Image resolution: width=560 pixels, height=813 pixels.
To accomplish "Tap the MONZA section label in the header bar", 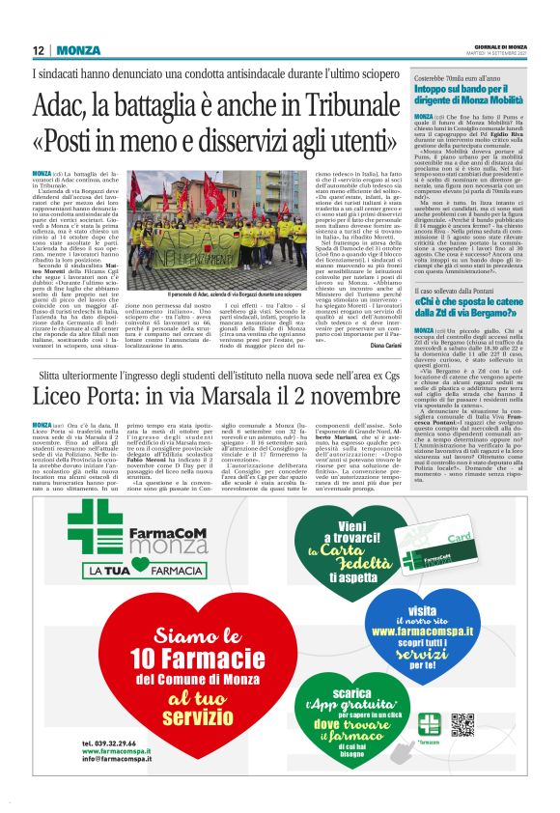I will [x=77, y=50].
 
